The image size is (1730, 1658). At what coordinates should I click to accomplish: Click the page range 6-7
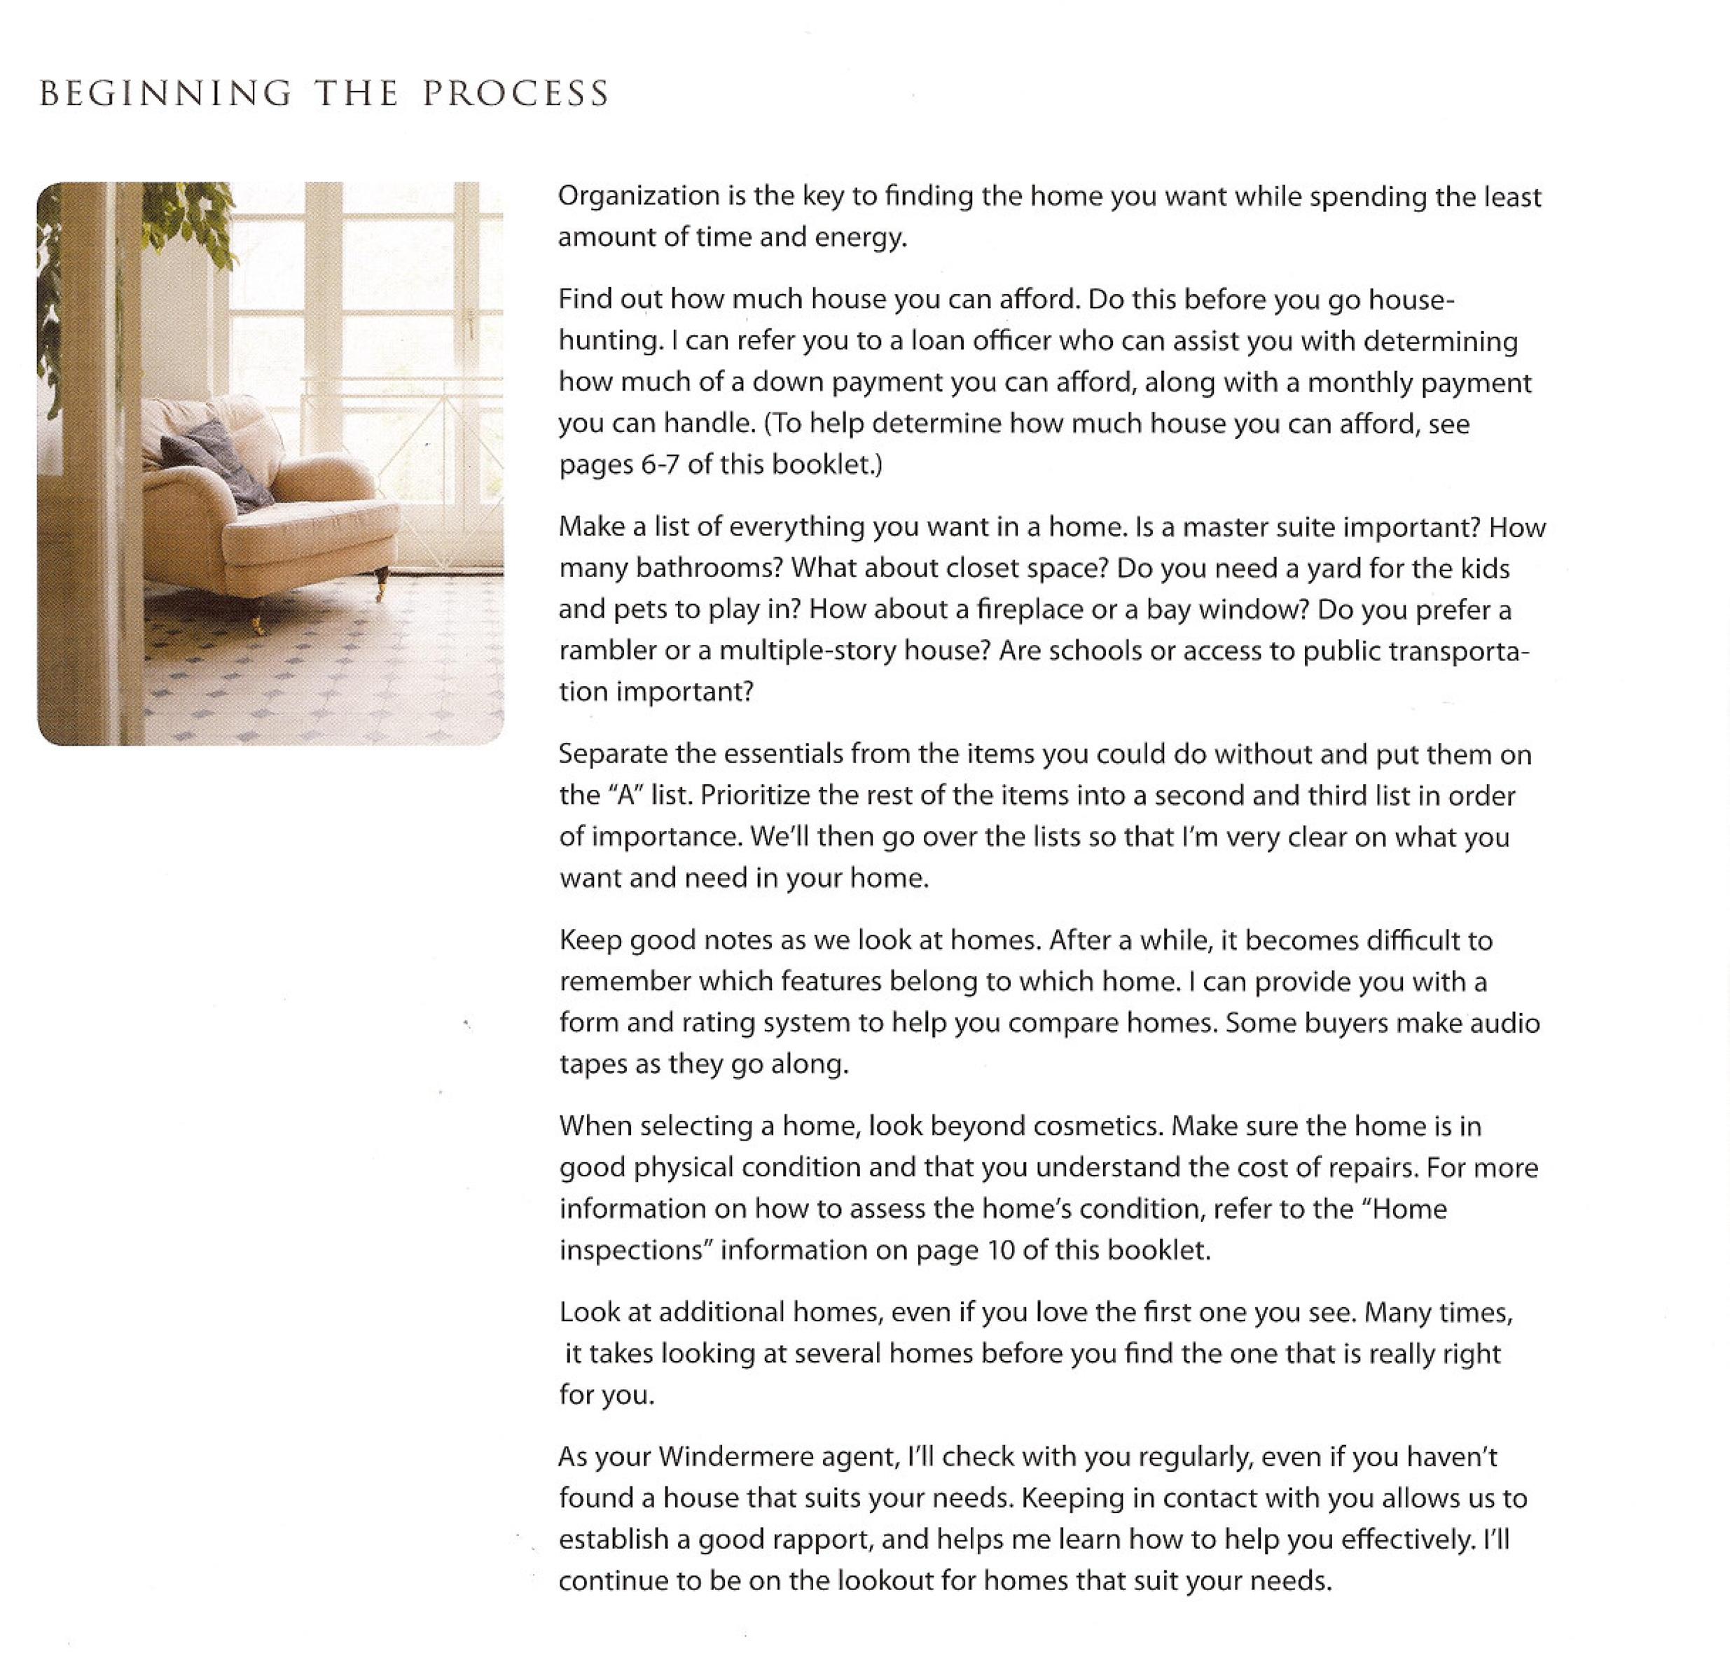tap(658, 465)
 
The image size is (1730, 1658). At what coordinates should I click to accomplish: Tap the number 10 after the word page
tap(1002, 1251)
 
